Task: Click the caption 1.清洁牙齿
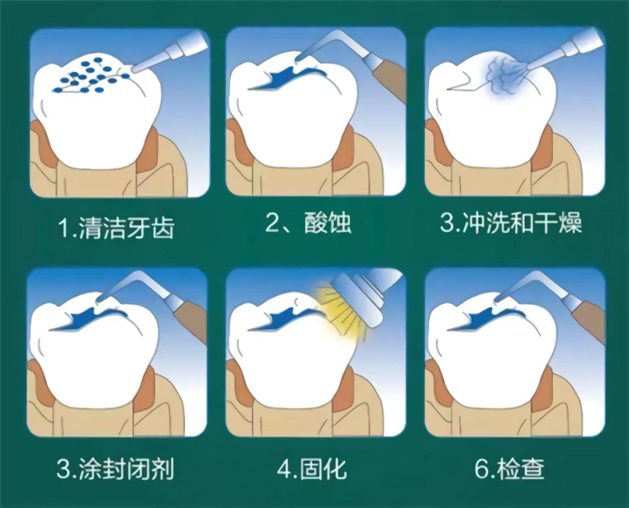point(116,228)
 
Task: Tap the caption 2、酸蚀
point(308,222)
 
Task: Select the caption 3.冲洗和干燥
point(511,222)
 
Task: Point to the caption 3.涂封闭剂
point(116,468)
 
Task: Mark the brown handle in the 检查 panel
point(589,320)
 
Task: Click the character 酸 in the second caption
point(316,222)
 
